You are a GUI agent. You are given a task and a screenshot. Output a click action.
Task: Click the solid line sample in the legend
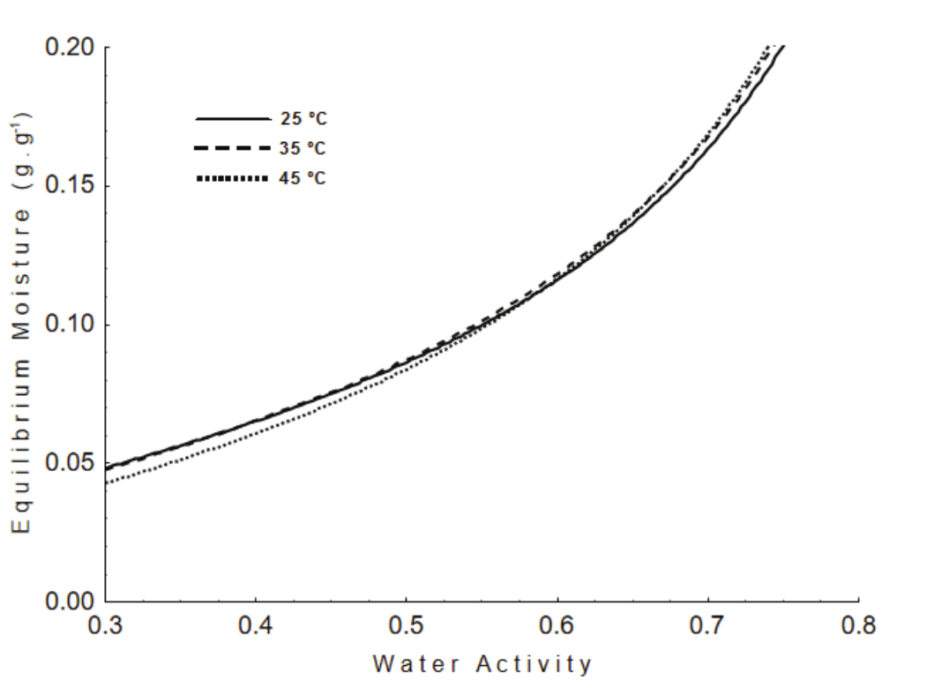click(231, 117)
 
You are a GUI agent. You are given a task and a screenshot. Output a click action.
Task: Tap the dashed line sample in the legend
click(231, 148)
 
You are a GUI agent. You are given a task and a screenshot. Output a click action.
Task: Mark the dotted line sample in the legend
click(231, 179)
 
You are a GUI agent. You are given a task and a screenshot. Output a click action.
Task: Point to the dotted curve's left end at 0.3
click(108, 482)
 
